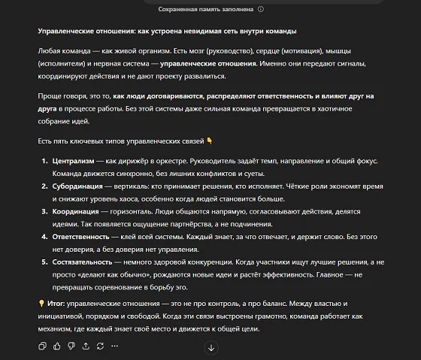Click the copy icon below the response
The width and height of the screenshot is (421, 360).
click(x=42, y=346)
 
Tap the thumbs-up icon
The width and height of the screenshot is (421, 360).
click(x=57, y=346)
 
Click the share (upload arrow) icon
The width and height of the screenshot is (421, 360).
click(x=86, y=346)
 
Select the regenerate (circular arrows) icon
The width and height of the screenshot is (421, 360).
click(x=100, y=346)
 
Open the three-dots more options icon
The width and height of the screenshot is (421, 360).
click(x=115, y=346)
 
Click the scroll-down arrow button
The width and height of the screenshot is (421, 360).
click(x=211, y=347)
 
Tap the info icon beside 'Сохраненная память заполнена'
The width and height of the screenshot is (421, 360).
click(x=261, y=9)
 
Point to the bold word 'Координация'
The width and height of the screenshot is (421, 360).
click(x=75, y=211)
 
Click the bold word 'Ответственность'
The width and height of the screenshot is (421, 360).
click(x=80, y=236)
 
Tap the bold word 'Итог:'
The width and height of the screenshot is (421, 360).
click(x=56, y=302)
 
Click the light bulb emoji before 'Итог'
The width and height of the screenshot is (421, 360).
click(x=41, y=302)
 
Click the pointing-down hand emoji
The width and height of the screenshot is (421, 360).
click(x=210, y=141)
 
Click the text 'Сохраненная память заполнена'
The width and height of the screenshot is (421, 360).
click(x=205, y=9)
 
